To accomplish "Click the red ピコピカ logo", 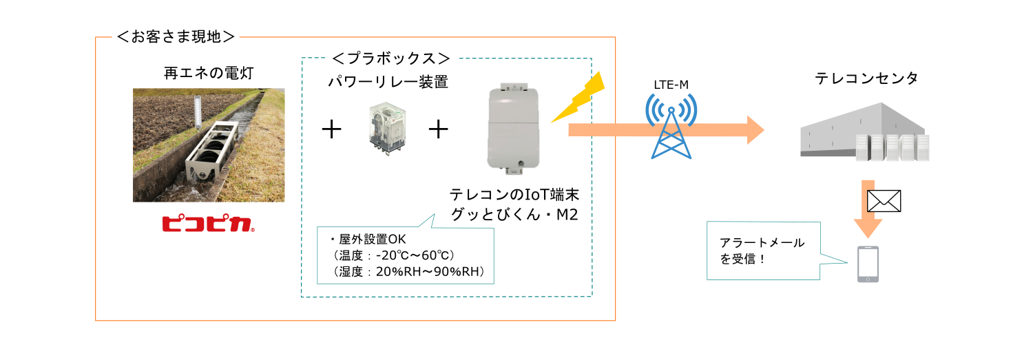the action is [x=208, y=224].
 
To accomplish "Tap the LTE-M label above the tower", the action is [x=671, y=85].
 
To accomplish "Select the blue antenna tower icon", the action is [x=671, y=126].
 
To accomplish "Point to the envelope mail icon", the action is [x=884, y=201].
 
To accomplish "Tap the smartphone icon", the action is [x=868, y=264].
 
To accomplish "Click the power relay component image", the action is [x=387, y=129].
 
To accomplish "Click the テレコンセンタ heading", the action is [x=866, y=78].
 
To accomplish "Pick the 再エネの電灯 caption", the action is [x=209, y=73].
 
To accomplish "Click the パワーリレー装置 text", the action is [x=388, y=82].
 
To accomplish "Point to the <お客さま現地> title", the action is [x=176, y=36].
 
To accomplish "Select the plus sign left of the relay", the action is [x=331, y=129].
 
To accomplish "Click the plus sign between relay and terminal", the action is [x=438, y=129].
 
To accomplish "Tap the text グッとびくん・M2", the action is [x=514, y=214].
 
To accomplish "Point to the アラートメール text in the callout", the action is [x=762, y=242].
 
